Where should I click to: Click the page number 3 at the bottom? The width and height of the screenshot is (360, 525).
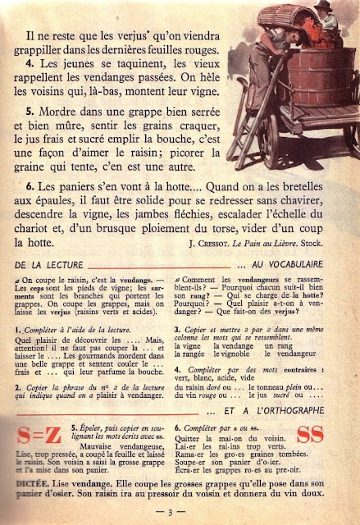click(180, 512)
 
